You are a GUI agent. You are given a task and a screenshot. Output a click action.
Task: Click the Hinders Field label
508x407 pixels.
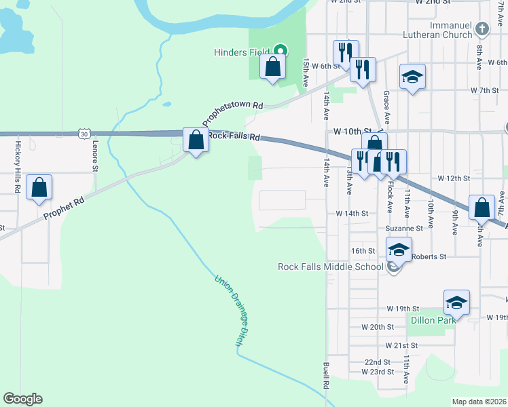241,51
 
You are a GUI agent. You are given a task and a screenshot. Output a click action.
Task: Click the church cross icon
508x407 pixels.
482,29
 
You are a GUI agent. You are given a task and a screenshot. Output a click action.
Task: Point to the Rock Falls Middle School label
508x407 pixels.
331,267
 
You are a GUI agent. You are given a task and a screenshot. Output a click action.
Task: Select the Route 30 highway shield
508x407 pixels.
83,134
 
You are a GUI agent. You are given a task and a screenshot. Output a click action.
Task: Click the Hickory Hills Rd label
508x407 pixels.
18,166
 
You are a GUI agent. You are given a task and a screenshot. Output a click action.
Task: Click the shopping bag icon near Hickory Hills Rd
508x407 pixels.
39,187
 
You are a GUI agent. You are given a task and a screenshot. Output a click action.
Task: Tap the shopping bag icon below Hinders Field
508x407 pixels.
272,66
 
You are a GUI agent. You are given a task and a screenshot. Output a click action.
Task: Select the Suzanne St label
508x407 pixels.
405,229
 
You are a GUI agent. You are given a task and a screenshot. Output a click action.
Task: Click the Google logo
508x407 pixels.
22,399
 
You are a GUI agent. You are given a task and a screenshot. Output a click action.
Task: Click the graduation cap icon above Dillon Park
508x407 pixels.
456,302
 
